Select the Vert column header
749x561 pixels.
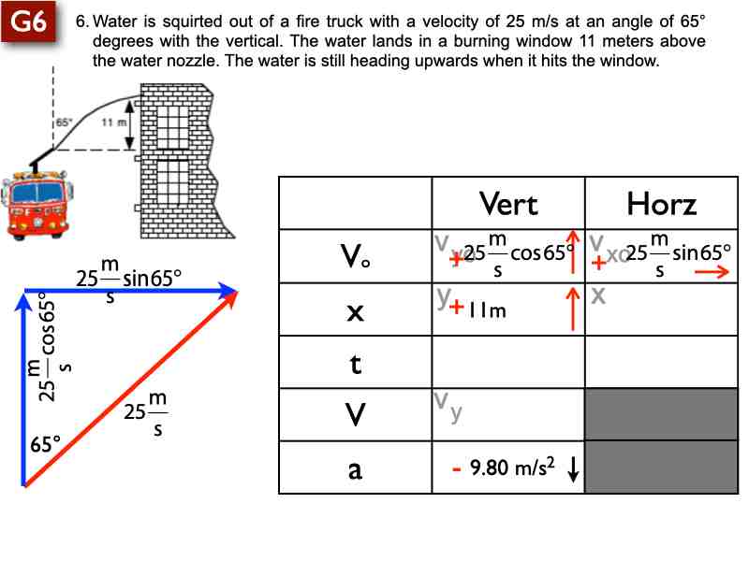click(x=507, y=203)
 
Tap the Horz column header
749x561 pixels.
click(x=661, y=203)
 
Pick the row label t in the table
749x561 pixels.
click(x=355, y=363)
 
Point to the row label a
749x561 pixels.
click(x=355, y=469)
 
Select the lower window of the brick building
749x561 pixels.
click(x=171, y=184)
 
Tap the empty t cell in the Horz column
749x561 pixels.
click(x=661, y=363)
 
